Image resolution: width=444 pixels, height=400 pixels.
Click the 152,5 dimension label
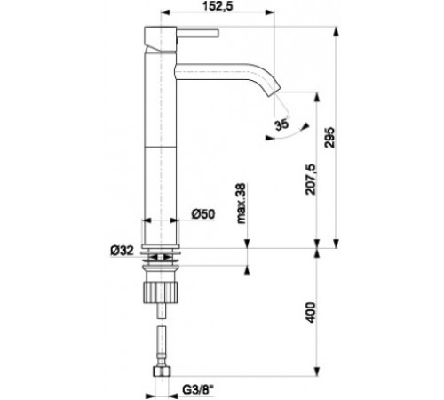pos(218,6)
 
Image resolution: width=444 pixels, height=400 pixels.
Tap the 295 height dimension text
pos(329,138)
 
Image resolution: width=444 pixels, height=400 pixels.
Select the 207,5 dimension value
pos(311,180)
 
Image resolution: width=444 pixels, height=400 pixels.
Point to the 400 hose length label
pos(311,313)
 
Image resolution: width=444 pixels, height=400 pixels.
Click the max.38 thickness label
pos(242,204)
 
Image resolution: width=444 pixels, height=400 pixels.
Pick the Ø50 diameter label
pos(203,213)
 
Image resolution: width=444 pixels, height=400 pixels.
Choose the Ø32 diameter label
pos(122,251)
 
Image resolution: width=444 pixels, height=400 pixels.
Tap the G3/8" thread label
pos(198,389)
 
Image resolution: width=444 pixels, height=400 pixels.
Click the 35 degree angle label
pos(281,124)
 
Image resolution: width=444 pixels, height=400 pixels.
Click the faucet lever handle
pos(197,33)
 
